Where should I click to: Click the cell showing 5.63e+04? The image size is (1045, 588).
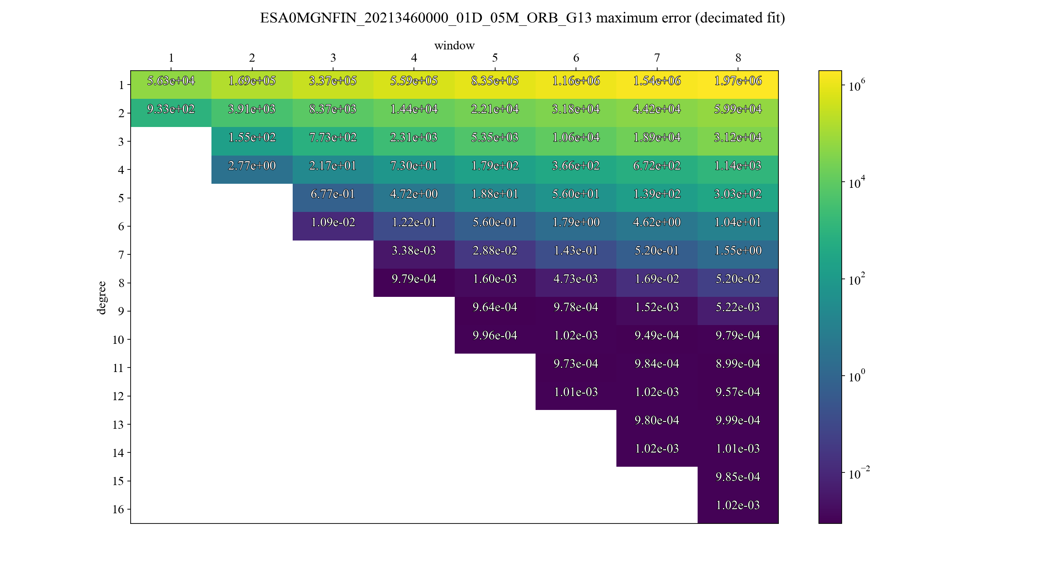pos(171,81)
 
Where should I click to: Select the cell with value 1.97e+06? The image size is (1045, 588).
pos(738,81)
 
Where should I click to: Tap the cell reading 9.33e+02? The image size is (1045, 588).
pos(171,109)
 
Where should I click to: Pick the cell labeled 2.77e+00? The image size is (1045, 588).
pos(252,166)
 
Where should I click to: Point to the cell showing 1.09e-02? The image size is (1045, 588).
pos(333,223)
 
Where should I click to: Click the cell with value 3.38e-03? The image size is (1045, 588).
pos(414,251)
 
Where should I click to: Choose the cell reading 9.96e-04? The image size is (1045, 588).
pos(495,336)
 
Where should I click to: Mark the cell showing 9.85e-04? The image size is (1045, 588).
pos(738,477)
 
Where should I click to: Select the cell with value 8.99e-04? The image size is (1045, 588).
pos(738,364)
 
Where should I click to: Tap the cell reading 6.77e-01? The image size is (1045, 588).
pos(333,194)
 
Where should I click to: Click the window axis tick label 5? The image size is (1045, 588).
pos(495,58)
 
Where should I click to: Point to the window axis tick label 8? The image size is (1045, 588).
pos(738,58)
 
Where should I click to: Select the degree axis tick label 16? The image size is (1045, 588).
pos(118,510)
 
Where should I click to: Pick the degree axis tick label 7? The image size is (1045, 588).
pos(121,255)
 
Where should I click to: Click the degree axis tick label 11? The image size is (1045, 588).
pos(118,368)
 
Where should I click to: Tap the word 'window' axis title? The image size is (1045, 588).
pos(454,45)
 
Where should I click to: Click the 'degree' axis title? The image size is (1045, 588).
pos(101,298)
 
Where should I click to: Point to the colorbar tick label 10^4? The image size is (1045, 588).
pos(856,183)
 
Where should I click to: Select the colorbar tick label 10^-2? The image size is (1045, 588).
pos(859,474)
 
